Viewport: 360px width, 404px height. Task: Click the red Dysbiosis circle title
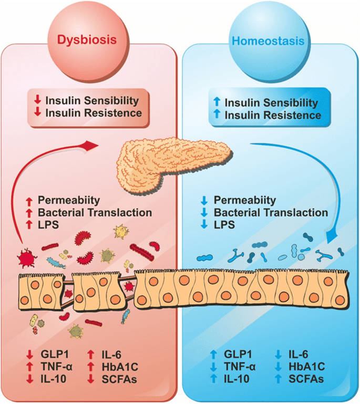(88, 40)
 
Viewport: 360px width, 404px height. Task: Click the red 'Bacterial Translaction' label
(95, 213)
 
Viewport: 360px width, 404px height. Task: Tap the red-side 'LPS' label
(47, 224)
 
